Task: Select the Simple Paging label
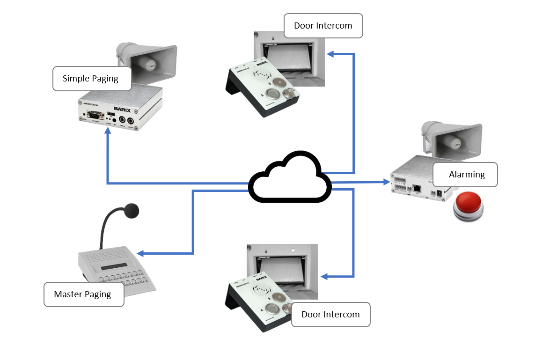tap(90, 79)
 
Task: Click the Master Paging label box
tap(83, 294)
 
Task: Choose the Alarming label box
tap(466, 175)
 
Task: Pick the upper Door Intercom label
tap(323, 26)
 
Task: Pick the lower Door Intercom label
tap(330, 315)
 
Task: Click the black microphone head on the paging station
tap(131, 211)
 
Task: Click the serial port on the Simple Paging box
tap(95, 116)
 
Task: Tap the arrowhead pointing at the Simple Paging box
tap(108, 133)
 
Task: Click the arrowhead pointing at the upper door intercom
tap(330, 54)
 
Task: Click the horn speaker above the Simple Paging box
tap(150, 60)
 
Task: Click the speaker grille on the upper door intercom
tap(261, 75)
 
